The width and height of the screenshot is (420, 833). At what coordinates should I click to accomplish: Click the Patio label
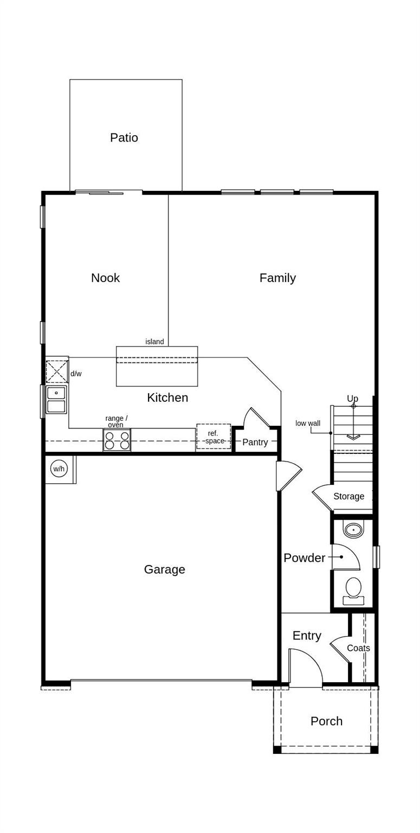[x=124, y=138]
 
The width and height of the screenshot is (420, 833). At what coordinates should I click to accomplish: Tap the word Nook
[x=105, y=278]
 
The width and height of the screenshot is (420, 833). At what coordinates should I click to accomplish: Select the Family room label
[x=277, y=278]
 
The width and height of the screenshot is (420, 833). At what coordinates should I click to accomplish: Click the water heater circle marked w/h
[x=59, y=468]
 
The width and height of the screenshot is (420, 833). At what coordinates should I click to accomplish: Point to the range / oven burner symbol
[x=117, y=440]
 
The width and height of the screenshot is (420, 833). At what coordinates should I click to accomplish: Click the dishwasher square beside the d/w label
[x=56, y=372]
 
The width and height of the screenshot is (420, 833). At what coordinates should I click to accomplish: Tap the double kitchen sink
[x=56, y=400]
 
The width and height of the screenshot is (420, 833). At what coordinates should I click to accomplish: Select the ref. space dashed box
[x=214, y=437]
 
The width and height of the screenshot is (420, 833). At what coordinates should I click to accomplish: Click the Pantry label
[x=255, y=442]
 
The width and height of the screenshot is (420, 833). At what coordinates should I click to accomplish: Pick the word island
[x=154, y=342]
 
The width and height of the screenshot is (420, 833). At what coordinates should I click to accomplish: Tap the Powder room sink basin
[x=353, y=529]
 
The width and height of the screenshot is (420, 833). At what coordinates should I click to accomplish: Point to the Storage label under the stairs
[x=348, y=496]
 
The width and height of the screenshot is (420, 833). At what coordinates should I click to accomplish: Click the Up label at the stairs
[x=352, y=399]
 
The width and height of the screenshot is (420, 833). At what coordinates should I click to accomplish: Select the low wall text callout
[x=308, y=423]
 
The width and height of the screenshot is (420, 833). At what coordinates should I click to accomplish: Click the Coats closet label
[x=358, y=648]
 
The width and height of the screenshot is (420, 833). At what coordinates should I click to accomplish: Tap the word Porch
[x=326, y=721]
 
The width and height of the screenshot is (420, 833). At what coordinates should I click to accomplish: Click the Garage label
[x=164, y=569]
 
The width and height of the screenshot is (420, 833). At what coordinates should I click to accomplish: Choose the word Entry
[x=307, y=636]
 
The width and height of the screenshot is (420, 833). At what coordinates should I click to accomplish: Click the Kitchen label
[x=167, y=398]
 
